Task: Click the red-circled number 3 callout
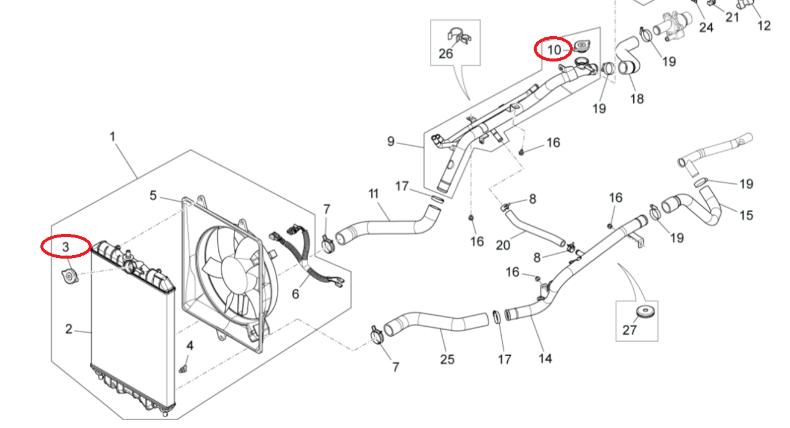66,246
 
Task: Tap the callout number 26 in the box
446,54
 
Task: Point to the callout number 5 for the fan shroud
153,195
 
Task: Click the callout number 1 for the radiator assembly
113,137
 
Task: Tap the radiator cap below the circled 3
69,277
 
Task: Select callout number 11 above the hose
373,194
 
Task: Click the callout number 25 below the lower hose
447,359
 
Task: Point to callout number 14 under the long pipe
545,358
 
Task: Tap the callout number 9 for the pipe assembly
391,142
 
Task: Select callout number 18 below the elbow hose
637,99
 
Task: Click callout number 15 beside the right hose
746,215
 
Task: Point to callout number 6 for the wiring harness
295,294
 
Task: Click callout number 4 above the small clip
190,346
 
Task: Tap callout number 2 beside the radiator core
69,329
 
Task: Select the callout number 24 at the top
706,27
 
